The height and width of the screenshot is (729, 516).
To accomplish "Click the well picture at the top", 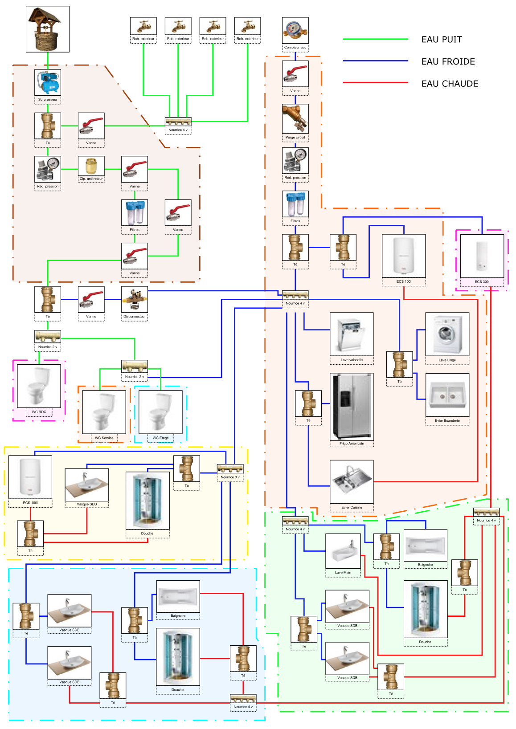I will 47,29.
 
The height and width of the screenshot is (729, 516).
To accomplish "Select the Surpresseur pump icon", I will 47,82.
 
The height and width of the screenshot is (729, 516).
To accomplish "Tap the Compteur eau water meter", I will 295,30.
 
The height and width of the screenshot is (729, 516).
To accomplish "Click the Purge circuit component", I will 295,118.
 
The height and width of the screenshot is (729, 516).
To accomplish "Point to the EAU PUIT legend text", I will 441,40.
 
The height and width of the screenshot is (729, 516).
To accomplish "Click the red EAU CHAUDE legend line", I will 375,83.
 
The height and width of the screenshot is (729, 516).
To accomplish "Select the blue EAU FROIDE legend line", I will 375,61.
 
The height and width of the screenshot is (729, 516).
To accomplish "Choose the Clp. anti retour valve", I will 91,166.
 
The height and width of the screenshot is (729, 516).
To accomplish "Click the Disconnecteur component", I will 135,300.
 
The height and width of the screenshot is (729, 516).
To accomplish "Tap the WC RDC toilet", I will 39,386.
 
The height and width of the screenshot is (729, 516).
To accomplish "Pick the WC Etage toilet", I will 160,412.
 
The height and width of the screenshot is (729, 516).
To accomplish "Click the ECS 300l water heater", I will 482,256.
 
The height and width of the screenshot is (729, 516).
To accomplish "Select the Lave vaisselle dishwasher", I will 352,334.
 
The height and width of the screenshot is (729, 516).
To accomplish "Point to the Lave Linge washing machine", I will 447,334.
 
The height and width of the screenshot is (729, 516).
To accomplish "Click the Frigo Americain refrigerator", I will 352,406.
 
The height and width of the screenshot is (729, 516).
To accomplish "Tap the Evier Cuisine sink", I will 352,481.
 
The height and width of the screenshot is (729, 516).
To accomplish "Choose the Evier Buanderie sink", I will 447,395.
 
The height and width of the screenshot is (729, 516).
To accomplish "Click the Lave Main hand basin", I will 343,551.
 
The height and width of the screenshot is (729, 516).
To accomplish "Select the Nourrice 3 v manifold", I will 230,469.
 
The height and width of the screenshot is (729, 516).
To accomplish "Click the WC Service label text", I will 104,438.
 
